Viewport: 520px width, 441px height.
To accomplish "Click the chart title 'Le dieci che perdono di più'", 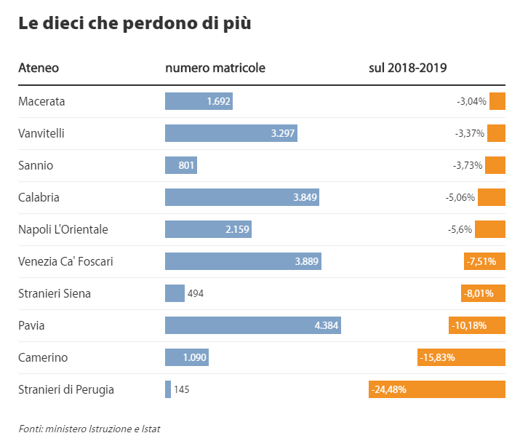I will pyautogui.click(x=135, y=23).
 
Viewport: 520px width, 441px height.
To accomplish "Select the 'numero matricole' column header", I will pyautogui.click(x=215, y=68).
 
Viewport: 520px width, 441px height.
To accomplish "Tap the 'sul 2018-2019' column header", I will pyautogui.click(x=407, y=68).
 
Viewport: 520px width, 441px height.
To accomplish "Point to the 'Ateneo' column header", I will pyautogui.click(x=39, y=68).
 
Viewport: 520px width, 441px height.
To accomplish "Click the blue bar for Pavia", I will pyautogui.click(x=252, y=325).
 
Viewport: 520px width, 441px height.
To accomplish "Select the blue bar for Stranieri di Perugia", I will pyautogui.click(x=168, y=389).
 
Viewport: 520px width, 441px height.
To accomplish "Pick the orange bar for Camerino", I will pyautogui.click(x=461, y=357).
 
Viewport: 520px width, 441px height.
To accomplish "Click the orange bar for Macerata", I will pyautogui.click(x=497, y=101).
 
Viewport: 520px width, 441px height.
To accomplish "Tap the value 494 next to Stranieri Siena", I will pyautogui.click(x=196, y=293).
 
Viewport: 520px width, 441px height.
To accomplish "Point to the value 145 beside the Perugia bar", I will pyautogui.click(x=182, y=389).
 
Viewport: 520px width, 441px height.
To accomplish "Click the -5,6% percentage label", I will pyautogui.click(x=460, y=229).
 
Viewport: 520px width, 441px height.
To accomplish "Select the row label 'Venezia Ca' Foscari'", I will pyautogui.click(x=65, y=261).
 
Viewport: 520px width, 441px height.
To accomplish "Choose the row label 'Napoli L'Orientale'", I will pyautogui.click(x=63, y=229).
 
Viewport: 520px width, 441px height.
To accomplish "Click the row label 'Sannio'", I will pyautogui.click(x=36, y=165).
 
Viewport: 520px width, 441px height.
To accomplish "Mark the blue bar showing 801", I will pyautogui.click(x=181, y=165).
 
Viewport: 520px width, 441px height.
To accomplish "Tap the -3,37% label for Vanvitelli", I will pyautogui.click(x=469, y=133).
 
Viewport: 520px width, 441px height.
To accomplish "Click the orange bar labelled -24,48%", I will pyautogui.click(x=437, y=389).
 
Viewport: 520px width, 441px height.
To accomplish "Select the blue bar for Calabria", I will pyautogui.click(x=241, y=197).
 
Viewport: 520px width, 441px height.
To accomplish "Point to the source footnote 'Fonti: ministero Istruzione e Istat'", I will pyautogui.click(x=89, y=429).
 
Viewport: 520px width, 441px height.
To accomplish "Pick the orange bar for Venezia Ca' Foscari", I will pyautogui.click(x=484, y=261).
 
